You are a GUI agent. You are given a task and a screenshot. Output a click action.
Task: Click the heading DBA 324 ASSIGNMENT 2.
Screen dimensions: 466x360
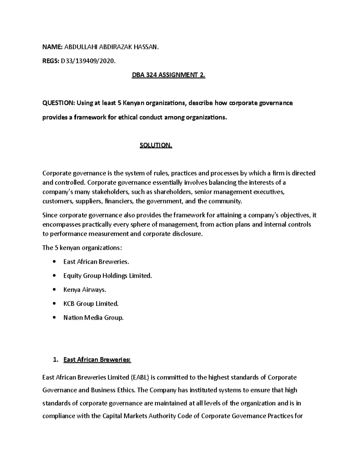pos(169,76)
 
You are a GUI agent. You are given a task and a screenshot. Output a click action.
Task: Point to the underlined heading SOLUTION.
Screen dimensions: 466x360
pos(156,146)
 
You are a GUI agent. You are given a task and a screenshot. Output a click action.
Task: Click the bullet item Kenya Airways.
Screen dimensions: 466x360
pos(85,290)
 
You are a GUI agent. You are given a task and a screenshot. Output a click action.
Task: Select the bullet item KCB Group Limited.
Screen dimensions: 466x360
pos(91,304)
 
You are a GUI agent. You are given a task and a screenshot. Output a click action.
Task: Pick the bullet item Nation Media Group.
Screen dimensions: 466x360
pos(93,317)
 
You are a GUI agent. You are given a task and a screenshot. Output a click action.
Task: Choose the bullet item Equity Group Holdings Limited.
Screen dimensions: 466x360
pos(107,276)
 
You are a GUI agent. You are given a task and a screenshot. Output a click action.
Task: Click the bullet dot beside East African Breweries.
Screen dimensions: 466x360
pos(54,262)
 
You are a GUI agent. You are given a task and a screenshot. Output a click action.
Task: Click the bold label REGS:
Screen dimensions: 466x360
pos(51,61)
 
